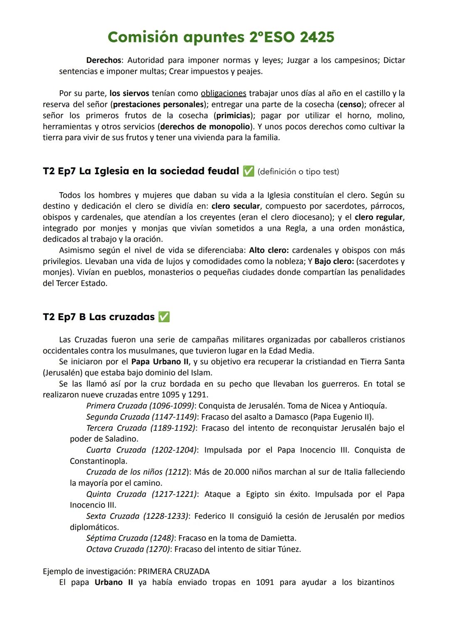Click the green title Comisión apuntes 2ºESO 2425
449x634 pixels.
pyautogui.click(x=221, y=37)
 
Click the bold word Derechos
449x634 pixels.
pyautogui.click(x=104, y=60)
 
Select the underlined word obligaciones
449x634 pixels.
pyautogui.click(x=223, y=93)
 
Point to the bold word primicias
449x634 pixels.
pyautogui.click(x=233, y=116)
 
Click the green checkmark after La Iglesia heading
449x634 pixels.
pyautogui.click(x=248, y=171)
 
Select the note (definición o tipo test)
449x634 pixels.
pyautogui.click(x=298, y=172)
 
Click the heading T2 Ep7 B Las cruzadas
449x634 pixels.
pyautogui.click(x=99, y=317)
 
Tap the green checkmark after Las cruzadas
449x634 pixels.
pyautogui.click(x=164, y=317)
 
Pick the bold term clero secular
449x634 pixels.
pyautogui.click(x=235, y=206)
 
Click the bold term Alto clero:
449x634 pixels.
pyautogui.click(x=269, y=250)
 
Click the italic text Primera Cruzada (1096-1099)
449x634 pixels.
pyautogui.click(x=140, y=406)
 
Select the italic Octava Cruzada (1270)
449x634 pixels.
pyautogui.click(x=128, y=549)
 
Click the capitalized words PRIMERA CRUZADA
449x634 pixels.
pyautogui.click(x=174, y=571)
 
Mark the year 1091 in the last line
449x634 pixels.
pyautogui.click(x=265, y=582)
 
